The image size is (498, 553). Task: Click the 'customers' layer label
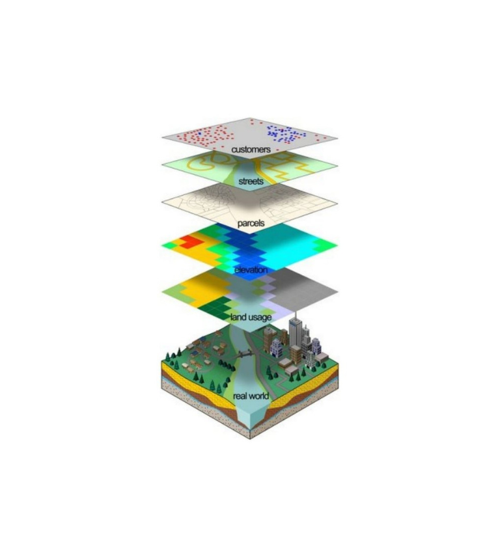(x=251, y=150)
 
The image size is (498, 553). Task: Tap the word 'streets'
(x=251, y=182)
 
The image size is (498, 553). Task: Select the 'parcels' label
(x=251, y=223)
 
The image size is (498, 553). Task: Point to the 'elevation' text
(x=251, y=270)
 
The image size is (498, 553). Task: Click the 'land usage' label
(x=251, y=317)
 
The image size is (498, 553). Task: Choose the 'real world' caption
(x=251, y=396)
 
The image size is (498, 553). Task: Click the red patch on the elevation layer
(x=190, y=241)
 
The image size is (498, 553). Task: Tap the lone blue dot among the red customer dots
(x=200, y=133)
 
